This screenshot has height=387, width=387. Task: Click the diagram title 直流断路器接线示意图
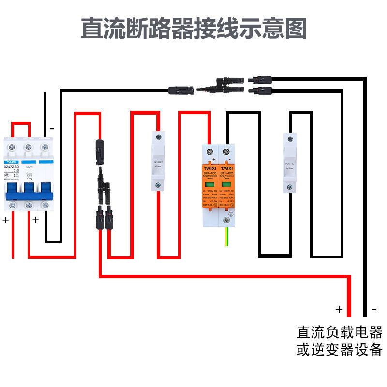click(193, 28)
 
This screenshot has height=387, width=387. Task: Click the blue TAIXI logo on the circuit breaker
click(12, 162)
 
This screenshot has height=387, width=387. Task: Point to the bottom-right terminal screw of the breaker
click(45, 205)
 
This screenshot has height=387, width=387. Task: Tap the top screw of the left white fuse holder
click(158, 138)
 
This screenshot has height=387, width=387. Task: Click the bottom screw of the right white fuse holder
click(289, 187)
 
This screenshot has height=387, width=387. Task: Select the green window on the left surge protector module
click(210, 183)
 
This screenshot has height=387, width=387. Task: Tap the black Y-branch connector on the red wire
click(103, 186)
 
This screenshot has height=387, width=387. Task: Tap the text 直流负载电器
click(339, 332)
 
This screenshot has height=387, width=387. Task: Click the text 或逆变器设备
click(339, 350)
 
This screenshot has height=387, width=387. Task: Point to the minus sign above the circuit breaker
click(52, 129)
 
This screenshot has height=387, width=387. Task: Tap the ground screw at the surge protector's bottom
click(225, 219)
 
